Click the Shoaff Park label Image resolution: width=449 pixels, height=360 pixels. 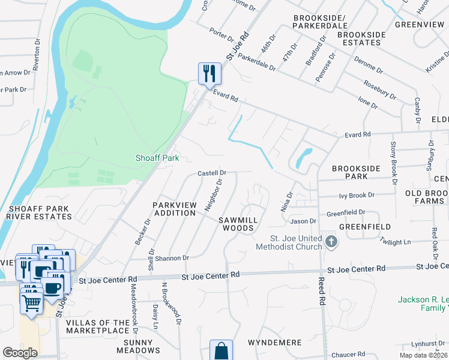pyautogui.click(x=157, y=158)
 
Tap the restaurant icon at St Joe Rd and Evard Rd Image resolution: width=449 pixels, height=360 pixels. pyautogui.click(x=209, y=74)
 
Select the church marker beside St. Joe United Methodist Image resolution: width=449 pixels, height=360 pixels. pyautogui.click(x=331, y=242)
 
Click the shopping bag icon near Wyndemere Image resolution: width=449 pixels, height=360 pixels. pyautogui.click(x=221, y=350)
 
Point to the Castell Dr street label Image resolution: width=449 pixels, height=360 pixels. pyautogui.click(x=212, y=173)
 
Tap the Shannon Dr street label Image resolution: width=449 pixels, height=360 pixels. pyautogui.click(x=172, y=258)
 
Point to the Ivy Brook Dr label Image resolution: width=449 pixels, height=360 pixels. pyautogui.click(x=356, y=195)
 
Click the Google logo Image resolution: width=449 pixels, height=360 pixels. pyautogui.click(x=20, y=352)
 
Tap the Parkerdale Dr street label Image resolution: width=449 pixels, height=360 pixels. pyautogui.click(x=256, y=64)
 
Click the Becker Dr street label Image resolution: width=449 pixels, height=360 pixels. pyautogui.click(x=139, y=231)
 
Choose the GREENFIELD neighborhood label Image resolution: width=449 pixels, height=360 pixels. pyautogui.click(x=364, y=227)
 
